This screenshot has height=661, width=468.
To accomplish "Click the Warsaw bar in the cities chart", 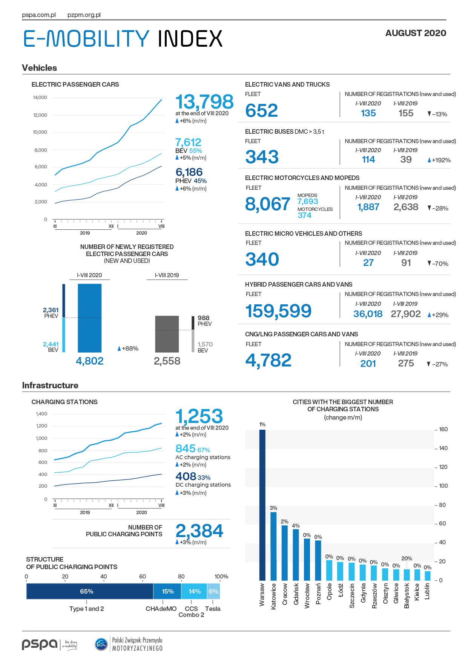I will pyautogui.click(x=262, y=505).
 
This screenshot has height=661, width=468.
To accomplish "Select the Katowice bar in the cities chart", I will pyautogui.click(x=273, y=546).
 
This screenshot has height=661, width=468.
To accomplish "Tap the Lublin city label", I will pyautogui.click(x=427, y=591).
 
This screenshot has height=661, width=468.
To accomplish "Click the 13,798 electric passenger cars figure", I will pyautogui.click(x=204, y=102).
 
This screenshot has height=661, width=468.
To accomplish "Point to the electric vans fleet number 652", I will pyautogui.click(x=262, y=111).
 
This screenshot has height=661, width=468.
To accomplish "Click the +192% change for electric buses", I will pyautogui.click(x=439, y=160).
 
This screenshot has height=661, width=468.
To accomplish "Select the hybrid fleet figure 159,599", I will pyautogui.click(x=278, y=311).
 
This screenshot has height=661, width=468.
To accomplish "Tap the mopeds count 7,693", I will pyautogui.click(x=308, y=202).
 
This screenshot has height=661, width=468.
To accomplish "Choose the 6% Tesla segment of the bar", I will pyautogui.click(x=213, y=591).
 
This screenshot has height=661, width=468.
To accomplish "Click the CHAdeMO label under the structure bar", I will pyautogui.click(x=161, y=609).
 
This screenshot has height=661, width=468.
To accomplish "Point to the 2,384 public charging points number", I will pyautogui.click(x=199, y=531).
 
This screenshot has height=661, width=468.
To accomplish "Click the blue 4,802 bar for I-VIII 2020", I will pyautogui.click(x=89, y=318).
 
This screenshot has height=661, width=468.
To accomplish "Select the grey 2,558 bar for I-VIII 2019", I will pyautogui.click(x=167, y=334).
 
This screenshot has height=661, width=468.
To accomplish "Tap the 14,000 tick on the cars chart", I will pyautogui.click(x=40, y=98).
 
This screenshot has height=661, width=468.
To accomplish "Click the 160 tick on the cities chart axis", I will pyautogui.click(x=443, y=429).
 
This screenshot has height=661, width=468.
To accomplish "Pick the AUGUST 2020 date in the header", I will pyautogui.click(x=416, y=33).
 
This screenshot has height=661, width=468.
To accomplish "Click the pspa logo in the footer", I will pyautogui.click(x=40, y=644).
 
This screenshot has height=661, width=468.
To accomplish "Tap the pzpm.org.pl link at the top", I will pyautogui.click(x=84, y=15).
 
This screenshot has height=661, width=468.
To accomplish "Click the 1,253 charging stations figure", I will pyautogui.click(x=199, y=417).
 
